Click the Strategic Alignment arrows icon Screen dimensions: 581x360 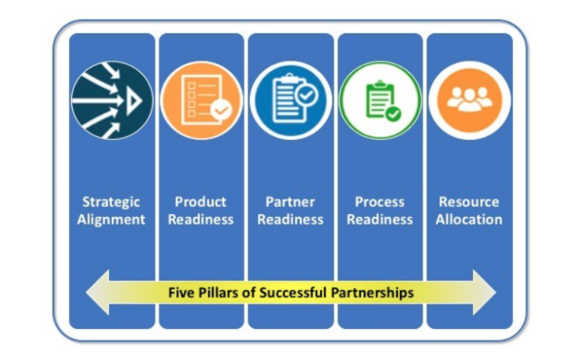tap(112, 100)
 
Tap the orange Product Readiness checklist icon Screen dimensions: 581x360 tap(201, 101)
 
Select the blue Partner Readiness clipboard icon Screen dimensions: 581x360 tap(290, 100)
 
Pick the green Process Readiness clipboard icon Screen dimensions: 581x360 tap(381, 101)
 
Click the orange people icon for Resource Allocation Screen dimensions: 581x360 tap(470, 101)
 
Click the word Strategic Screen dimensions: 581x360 tap(111, 202)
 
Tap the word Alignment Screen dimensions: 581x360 tap(111, 220)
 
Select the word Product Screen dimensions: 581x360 tap(200, 202)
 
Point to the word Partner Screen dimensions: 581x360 tap(290, 202)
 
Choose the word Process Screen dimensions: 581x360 tap(380, 202)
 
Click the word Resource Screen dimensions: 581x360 tap(469, 202)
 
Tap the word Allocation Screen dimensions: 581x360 tap(469, 219)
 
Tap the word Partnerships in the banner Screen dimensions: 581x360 tap(372, 293)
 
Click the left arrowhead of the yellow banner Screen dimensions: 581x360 tap(98, 293)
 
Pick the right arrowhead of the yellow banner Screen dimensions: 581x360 tap(484, 293)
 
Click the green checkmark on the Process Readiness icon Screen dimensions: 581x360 tap(393, 114)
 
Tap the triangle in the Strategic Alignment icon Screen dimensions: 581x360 tap(134, 101)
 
